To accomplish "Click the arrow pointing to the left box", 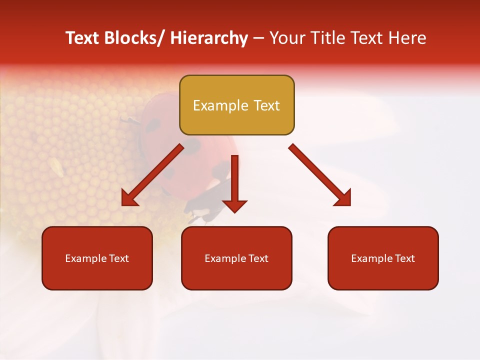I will pos(152,175).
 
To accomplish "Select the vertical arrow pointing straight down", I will pos(234,182).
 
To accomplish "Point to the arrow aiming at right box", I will pos(320,175).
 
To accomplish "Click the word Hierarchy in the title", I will pos(209,38).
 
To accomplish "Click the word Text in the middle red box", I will pos(258,258).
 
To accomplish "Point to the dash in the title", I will pos(258,38).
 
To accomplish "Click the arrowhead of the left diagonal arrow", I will pos(129,198).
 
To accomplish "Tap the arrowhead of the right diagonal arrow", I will pos(343,198).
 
